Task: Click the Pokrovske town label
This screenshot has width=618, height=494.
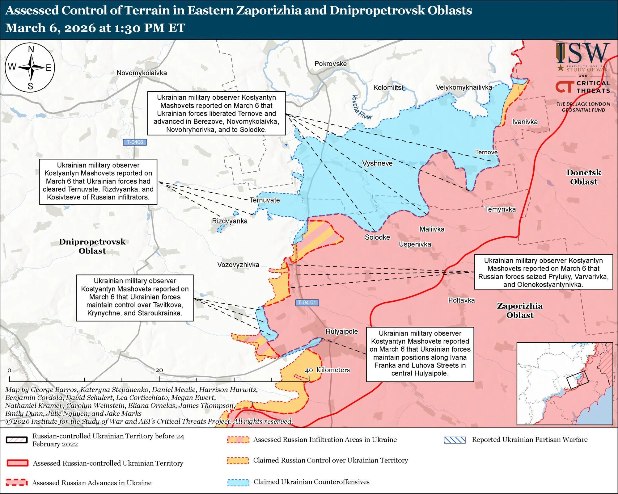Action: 330,64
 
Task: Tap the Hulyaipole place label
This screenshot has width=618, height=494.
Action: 341,331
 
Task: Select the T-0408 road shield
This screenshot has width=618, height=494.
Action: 135,142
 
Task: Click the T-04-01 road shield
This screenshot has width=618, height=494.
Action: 307,302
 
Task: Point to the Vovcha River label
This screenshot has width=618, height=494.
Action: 362,107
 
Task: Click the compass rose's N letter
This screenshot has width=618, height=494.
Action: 31,49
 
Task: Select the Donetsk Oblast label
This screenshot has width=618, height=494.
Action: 584,177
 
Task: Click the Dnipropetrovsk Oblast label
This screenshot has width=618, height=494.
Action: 92,246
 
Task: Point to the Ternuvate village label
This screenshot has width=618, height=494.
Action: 265,200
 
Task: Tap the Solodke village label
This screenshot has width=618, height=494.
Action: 377,237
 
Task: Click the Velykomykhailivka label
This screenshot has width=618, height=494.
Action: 464,87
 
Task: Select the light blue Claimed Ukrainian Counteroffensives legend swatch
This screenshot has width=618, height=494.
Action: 238,482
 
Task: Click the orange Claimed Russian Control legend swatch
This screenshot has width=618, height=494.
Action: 238,460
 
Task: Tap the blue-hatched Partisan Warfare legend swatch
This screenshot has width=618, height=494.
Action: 455,440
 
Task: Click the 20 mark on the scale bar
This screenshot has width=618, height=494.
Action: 159,370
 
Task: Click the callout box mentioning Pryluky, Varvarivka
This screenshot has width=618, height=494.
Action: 543,272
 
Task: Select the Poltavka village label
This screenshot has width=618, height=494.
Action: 461,300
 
